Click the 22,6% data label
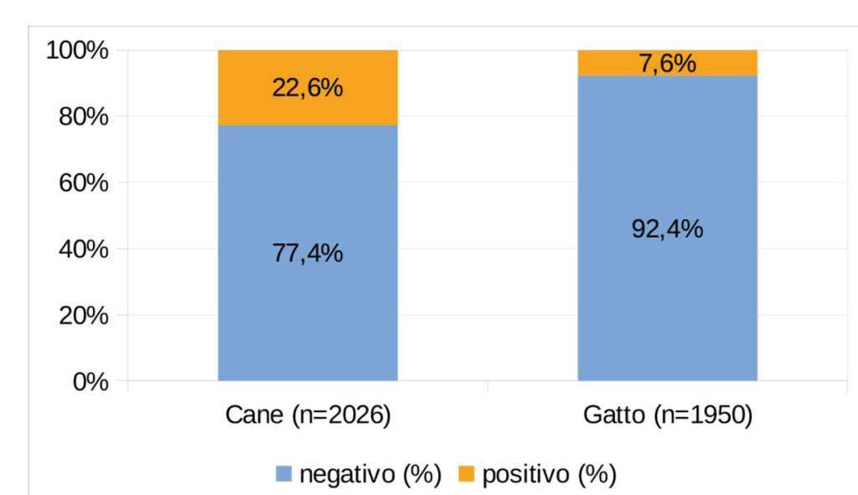point(308,88)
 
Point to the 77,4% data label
point(308,252)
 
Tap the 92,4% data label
point(667,228)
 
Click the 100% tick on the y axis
point(76,51)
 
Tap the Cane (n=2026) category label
point(308,416)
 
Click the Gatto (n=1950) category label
point(667,416)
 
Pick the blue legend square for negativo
point(283,475)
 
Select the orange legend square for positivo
point(466,475)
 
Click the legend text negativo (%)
point(370,475)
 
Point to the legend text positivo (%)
point(549,475)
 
